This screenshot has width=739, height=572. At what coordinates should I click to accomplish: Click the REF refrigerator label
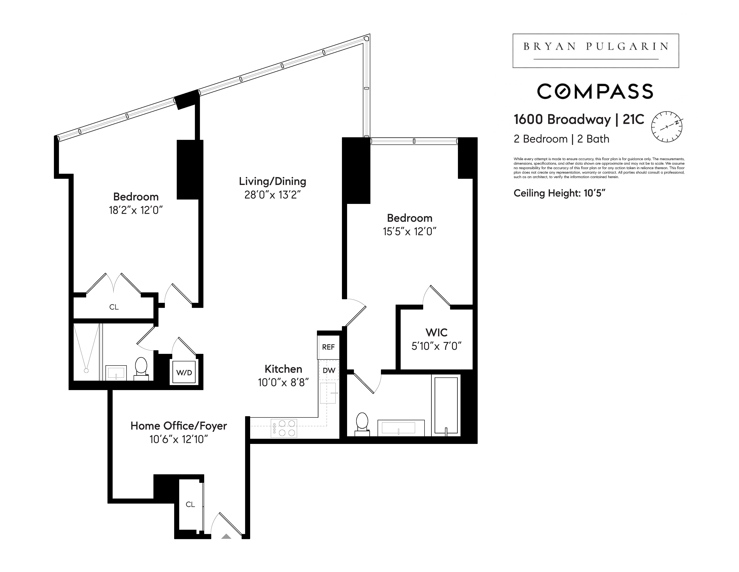(x=328, y=347)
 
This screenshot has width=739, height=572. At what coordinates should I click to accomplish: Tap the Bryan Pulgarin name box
(x=596, y=51)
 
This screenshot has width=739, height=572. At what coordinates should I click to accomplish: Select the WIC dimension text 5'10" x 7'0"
(x=437, y=346)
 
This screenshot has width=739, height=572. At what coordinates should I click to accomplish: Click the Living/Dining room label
(x=272, y=181)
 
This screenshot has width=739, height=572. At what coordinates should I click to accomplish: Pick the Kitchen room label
(x=284, y=369)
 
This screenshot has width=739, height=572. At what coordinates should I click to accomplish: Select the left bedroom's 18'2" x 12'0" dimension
(x=136, y=210)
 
